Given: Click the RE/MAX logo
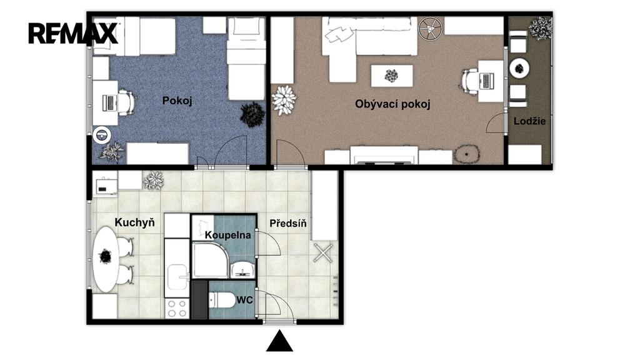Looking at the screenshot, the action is (73, 34).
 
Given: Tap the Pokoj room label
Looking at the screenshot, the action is (177, 101).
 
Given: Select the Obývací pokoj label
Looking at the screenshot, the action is (392, 104).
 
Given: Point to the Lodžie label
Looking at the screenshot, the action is (529, 121).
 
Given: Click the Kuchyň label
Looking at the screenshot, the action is (135, 222).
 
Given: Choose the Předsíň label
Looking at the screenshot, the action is (287, 223).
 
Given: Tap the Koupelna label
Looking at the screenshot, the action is (227, 235).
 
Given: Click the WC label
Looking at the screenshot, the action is (244, 301).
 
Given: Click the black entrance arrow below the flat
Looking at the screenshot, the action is (279, 341).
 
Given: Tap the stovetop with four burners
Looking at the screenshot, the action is (177, 308).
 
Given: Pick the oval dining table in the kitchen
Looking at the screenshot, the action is (106, 259).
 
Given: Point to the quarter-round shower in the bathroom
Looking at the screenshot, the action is (210, 259).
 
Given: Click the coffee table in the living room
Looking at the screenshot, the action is (391, 76).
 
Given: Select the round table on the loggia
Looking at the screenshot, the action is (519, 68).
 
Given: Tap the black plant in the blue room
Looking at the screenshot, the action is (252, 115).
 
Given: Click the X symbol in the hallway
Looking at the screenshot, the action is (323, 253).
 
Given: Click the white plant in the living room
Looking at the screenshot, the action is (284, 100).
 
